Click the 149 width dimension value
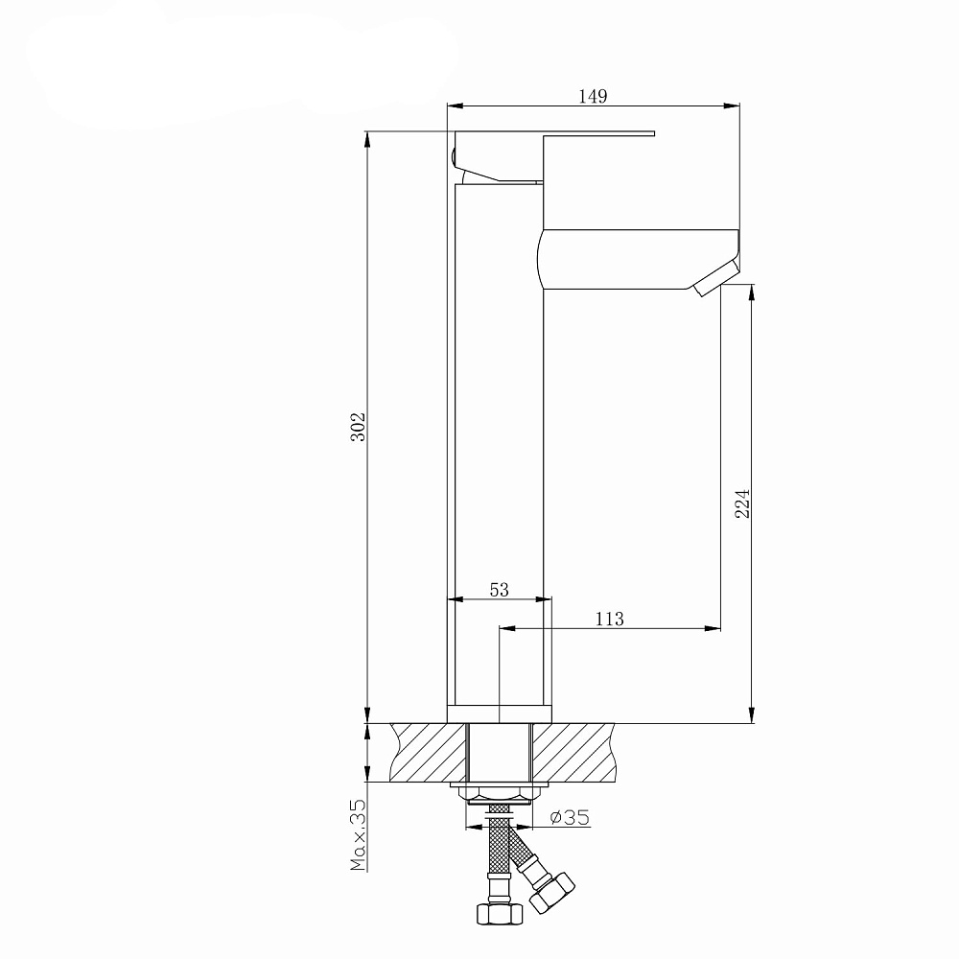coord(593,96)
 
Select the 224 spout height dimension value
coord(742,503)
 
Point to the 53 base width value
coord(499,590)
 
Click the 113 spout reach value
coord(610,619)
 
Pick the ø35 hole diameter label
coord(570,817)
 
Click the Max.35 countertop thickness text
coord(358,834)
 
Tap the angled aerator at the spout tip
coord(716,277)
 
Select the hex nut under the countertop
coord(500,796)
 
